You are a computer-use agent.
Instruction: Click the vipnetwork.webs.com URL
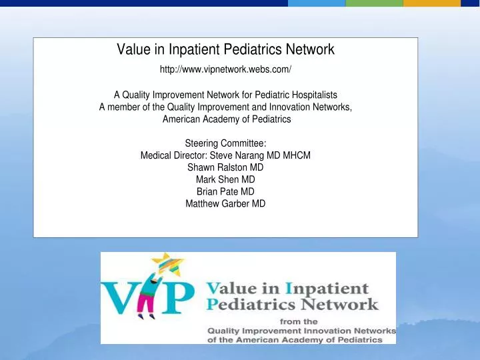(225, 69)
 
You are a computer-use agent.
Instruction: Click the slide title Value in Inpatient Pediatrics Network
(225, 49)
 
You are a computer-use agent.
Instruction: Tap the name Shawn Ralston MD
(225, 167)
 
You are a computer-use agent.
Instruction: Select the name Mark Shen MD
(225, 179)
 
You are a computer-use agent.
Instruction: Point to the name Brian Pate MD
(225, 191)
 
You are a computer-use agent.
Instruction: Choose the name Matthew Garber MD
(225, 203)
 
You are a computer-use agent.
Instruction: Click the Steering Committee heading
(225, 143)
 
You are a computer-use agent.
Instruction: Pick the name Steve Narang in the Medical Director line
(242, 155)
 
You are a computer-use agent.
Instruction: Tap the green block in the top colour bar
(374, 3)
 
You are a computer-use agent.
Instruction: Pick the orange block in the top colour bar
(432, 3)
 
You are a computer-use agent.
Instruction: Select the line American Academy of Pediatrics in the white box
(225, 119)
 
